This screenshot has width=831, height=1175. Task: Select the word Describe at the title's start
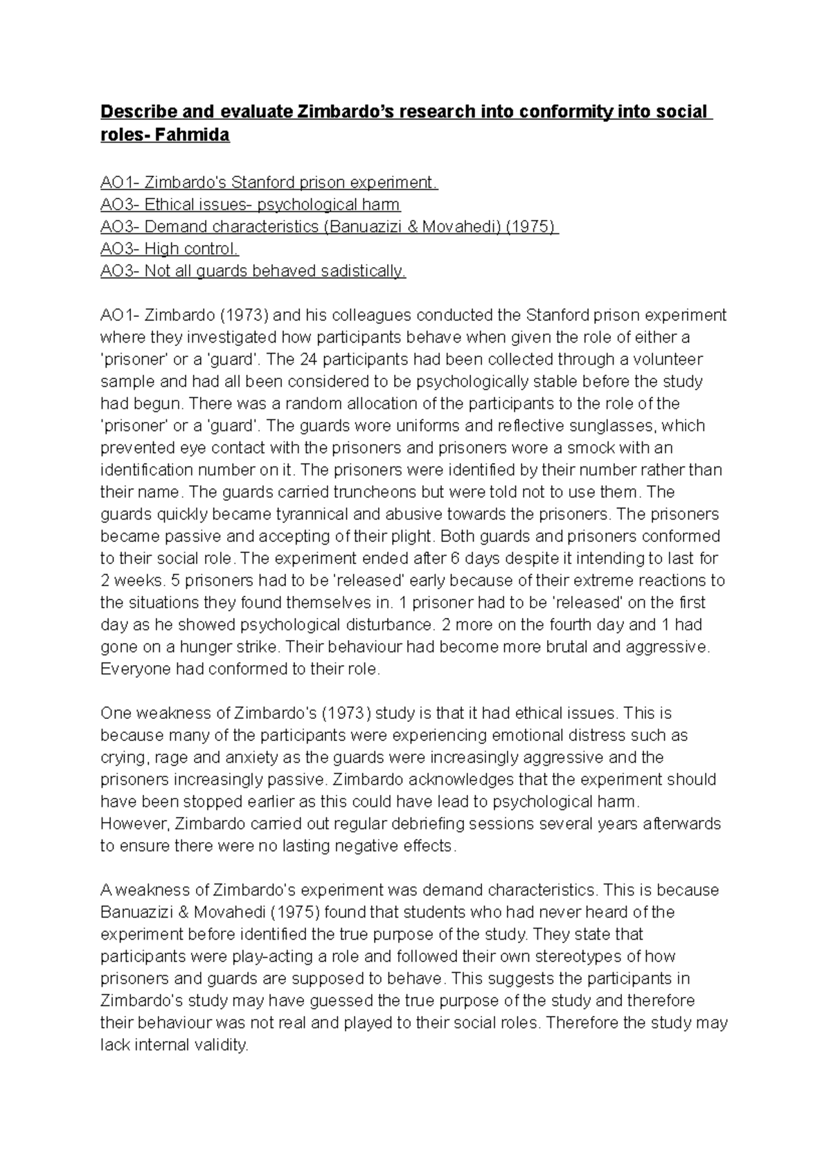click(136, 111)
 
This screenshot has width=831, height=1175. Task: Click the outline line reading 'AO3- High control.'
click(170, 249)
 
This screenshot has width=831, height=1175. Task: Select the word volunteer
click(670, 360)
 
